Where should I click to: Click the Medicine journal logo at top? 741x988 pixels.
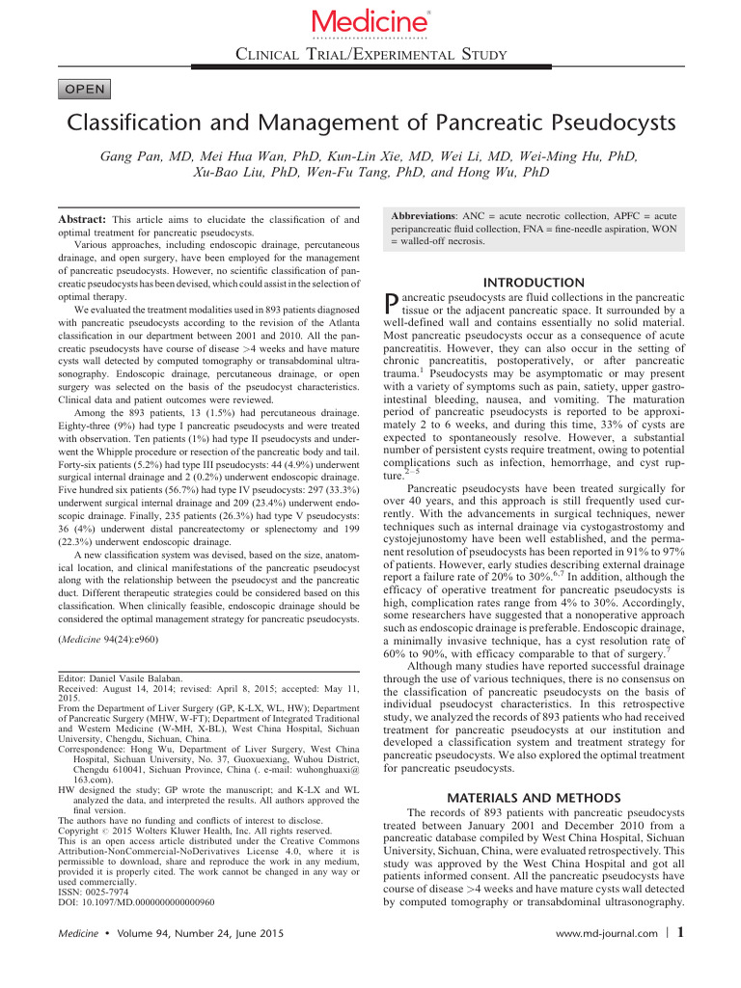click(x=370, y=21)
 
